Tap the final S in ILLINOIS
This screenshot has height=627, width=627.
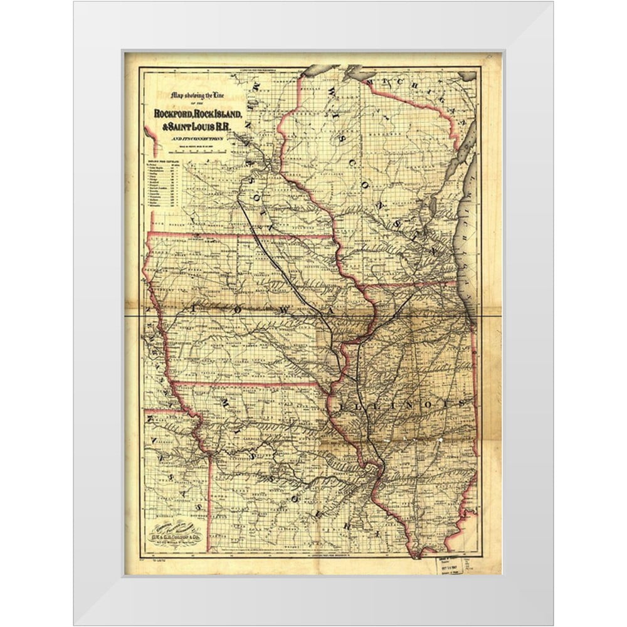pos(463,401)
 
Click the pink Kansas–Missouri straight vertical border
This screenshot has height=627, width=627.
pos(208,502)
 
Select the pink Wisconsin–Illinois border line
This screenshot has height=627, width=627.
pos(408,285)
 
